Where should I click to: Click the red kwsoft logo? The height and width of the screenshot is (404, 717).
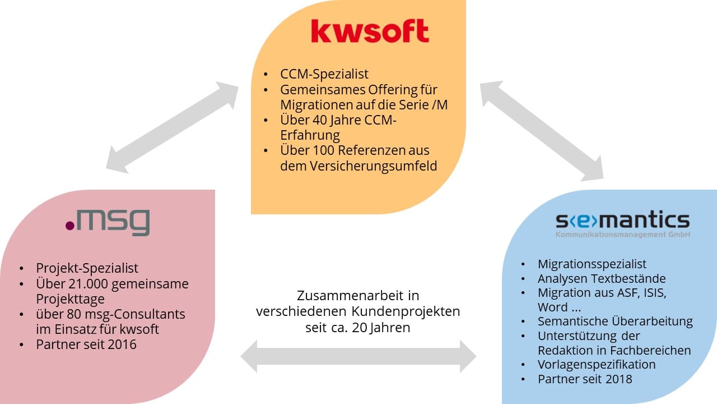[x=370, y=32]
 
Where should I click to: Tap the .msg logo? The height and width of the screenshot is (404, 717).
[x=108, y=222]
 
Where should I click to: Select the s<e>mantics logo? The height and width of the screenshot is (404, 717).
[x=622, y=220]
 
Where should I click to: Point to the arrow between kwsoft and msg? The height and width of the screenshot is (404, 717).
[x=173, y=126]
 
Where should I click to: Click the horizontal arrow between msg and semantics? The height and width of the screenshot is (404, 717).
[x=358, y=356]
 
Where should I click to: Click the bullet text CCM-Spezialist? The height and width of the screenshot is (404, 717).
[x=324, y=74]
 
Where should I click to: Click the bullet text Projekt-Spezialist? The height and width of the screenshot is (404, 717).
[x=87, y=268]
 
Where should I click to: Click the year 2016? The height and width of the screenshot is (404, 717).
[x=123, y=344]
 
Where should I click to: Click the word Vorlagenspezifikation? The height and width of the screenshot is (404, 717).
[x=597, y=364]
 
